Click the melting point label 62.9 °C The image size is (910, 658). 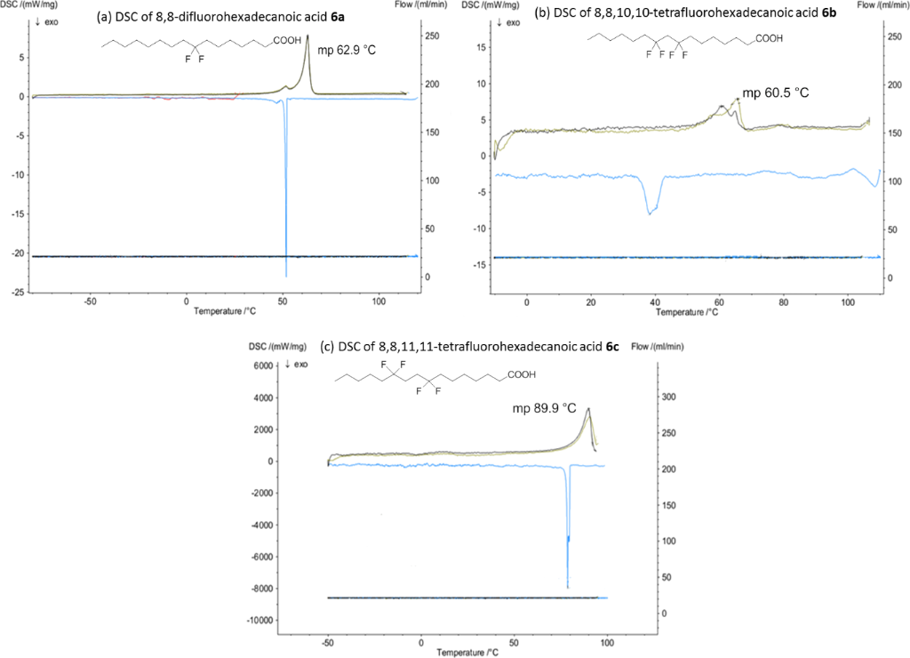347,50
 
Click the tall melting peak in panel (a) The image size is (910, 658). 307,37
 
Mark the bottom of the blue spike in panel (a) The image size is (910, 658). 286,276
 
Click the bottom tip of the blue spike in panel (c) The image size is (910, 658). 567,587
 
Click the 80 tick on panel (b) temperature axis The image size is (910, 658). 783,302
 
